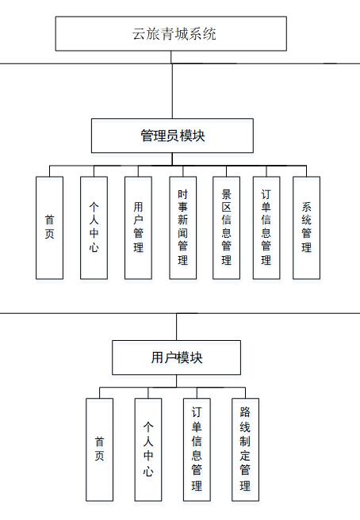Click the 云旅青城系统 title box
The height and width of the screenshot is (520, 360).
(170, 33)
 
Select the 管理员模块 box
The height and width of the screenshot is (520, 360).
(172, 136)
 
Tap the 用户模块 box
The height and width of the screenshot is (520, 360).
(176, 357)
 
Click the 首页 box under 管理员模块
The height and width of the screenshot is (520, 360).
(49, 227)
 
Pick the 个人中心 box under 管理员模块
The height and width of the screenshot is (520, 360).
(94, 227)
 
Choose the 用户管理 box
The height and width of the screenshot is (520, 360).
(138, 227)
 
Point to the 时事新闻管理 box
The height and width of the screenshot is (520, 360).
(183, 227)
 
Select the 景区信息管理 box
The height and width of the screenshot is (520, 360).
(226, 227)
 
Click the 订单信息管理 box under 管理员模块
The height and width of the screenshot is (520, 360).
(266, 227)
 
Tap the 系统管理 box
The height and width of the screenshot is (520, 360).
(307, 227)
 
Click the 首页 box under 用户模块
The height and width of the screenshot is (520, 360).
(100, 449)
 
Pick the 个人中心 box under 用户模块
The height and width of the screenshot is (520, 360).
(148, 449)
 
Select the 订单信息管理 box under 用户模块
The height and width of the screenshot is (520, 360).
(197, 449)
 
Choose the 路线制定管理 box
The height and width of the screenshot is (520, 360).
(245, 449)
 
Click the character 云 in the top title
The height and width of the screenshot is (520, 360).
(139, 34)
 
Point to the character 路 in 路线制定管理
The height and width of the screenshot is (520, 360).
(245, 412)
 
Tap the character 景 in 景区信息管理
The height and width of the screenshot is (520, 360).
(226, 194)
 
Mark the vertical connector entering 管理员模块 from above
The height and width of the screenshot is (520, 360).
(172, 91)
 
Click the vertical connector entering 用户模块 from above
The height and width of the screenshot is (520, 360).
(176, 327)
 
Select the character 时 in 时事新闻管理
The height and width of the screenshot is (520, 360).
(183, 194)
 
